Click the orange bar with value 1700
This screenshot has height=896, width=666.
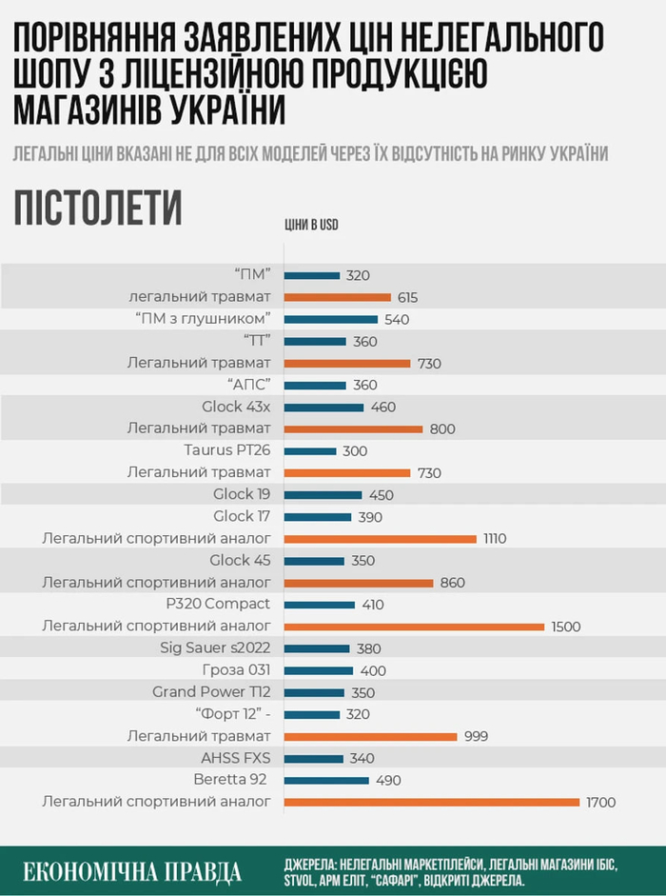pyautogui.click(x=431, y=802)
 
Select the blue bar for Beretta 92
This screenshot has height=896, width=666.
pyautogui.click(x=326, y=780)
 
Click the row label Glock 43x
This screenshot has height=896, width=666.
pyautogui.click(x=236, y=407)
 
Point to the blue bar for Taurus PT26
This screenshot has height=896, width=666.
pyautogui.click(x=310, y=450)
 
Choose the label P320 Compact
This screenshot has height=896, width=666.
pyautogui.click(x=218, y=604)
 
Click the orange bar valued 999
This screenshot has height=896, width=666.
pyautogui.click(x=371, y=736)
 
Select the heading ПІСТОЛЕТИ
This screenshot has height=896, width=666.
pyautogui.click(x=98, y=209)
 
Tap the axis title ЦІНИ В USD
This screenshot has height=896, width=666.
pyautogui.click(x=311, y=226)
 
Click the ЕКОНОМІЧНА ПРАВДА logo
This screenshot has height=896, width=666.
pyautogui.click(x=132, y=871)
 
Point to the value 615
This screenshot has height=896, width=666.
pyautogui.click(x=407, y=297)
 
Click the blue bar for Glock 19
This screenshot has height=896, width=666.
pyautogui.click(x=323, y=494)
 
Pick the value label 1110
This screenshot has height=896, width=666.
pyautogui.click(x=494, y=539)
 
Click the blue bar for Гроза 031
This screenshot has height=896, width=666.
pyautogui.click(x=318, y=670)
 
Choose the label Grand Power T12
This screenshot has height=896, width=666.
pyautogui.click(x=211, y=692)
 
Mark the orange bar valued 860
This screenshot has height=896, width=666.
pyautogui.click(x=359, y=583)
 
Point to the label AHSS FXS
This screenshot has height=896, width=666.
pyautogui.click(x=236, y=758)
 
